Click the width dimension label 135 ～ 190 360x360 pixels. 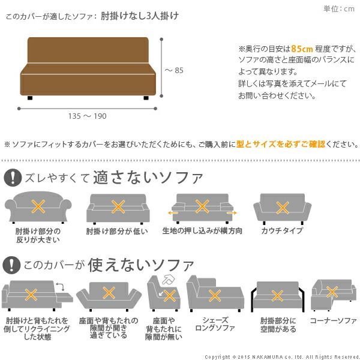[x=88, y=116]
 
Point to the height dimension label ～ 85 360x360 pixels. [x=174, y=70]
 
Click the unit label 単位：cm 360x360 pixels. [x=339, y=8]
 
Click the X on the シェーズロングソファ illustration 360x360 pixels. [x=214, y=295]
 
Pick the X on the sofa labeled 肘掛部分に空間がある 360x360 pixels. [x=277, y=295]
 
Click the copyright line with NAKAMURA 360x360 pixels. [x=281, y=356]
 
